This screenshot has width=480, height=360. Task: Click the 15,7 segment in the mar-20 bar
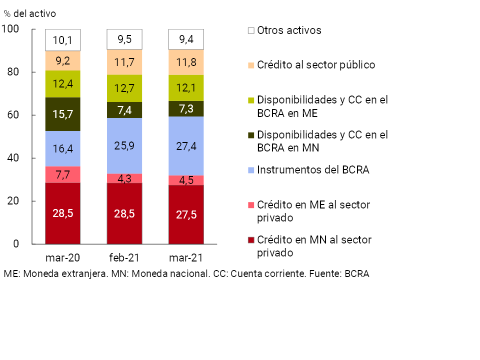click(62, 114)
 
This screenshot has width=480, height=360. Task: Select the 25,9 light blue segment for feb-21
click(124, 145)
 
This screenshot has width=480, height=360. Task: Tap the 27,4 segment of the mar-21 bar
click(186, 146)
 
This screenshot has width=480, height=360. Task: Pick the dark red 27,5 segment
click(186, 214)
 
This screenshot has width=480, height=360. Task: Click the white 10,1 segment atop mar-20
click(62, 40)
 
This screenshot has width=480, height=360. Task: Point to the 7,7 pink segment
click(62, 174)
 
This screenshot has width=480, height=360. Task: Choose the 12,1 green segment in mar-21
click(186, 88)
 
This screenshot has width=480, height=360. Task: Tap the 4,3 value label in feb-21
click(124, 178)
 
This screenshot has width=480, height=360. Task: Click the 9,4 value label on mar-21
click(186, 39)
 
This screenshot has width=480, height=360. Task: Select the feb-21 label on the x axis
click(124, 258)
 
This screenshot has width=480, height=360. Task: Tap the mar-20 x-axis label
click(62, 258)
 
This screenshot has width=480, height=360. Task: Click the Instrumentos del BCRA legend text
click(313, 170)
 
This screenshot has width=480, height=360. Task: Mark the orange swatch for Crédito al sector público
click(251, 65)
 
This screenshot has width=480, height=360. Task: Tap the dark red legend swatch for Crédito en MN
click(251, 240)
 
